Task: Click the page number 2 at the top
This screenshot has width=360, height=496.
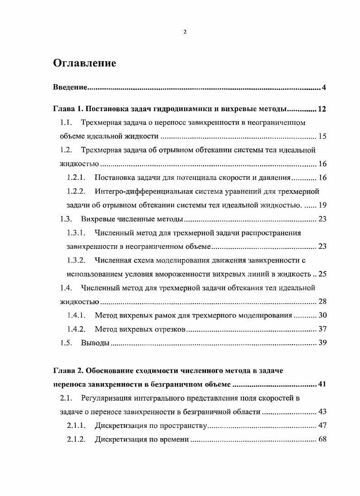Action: [x=185, y=32]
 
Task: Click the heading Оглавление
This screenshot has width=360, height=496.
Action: [x=84, y=63]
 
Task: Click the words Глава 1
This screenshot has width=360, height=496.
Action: [x=68, y=109]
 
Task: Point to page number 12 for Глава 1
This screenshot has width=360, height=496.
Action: [x=322, y=109]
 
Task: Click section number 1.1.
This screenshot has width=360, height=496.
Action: [x=66, y=122]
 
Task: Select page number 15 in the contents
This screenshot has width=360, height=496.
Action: [x=322, y=136]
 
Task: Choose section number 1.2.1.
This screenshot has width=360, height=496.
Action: [x=76, y=178]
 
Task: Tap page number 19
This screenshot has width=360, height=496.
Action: [x=322, y=205]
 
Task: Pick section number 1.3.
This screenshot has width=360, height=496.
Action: [x=66, y=219]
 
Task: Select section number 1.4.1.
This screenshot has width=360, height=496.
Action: [x=76, y=315]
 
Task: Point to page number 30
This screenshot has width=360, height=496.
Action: [x=322, y=315]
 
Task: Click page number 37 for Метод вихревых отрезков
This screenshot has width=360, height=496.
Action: [x=322, y=329]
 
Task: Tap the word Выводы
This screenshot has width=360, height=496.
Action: [x=95, y=343]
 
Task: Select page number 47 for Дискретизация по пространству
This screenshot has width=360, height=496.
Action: [x=322, y=426]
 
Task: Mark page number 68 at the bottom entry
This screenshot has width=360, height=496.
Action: [x=322, y=440]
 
